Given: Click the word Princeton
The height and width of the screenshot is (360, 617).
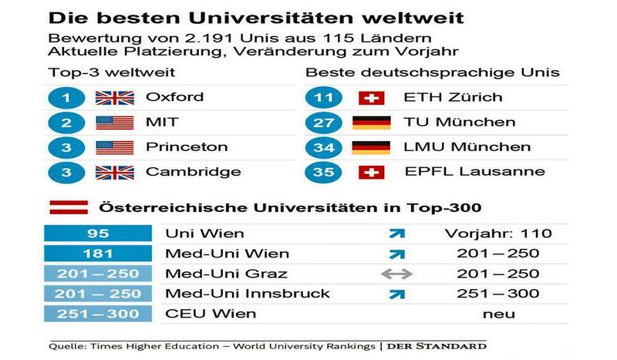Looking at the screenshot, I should click(x=187, y=147).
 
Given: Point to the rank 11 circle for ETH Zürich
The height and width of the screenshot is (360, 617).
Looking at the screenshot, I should click(x=323, y=98).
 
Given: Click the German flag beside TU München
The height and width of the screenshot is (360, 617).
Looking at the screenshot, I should click(x=372, y=123).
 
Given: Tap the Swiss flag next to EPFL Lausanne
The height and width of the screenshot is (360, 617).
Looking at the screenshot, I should click(x=372, y=172).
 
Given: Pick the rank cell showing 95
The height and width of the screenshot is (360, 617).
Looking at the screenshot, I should click(x=98, y=234).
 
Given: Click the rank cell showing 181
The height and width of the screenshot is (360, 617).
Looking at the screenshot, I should click(x=98, y=254).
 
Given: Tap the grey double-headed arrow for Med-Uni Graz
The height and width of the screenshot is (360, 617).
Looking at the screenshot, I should click(x=396, y=274).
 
